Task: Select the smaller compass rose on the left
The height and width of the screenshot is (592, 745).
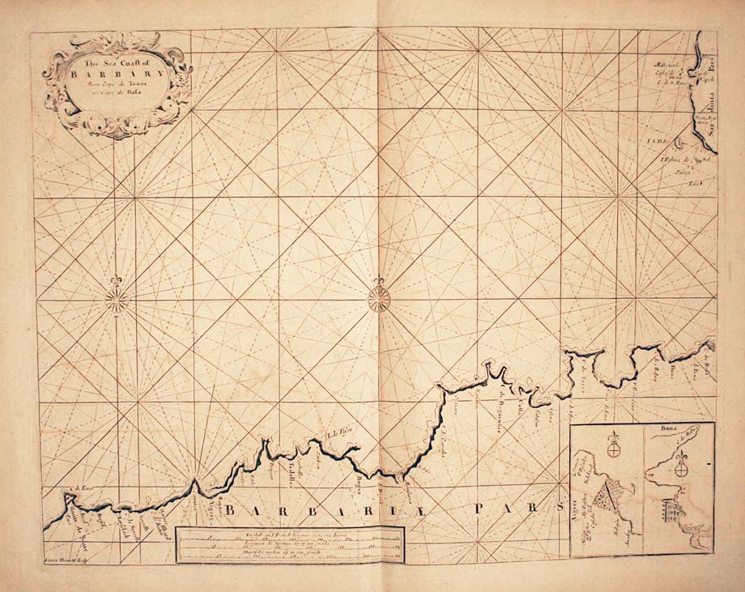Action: (x=117, y=300)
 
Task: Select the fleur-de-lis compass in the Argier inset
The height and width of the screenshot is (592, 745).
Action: (x=613, y=444)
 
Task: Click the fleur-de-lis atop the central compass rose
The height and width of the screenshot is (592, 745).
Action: (x=378, y=283)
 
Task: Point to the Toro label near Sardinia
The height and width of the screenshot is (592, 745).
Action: (x=694, y=184)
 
